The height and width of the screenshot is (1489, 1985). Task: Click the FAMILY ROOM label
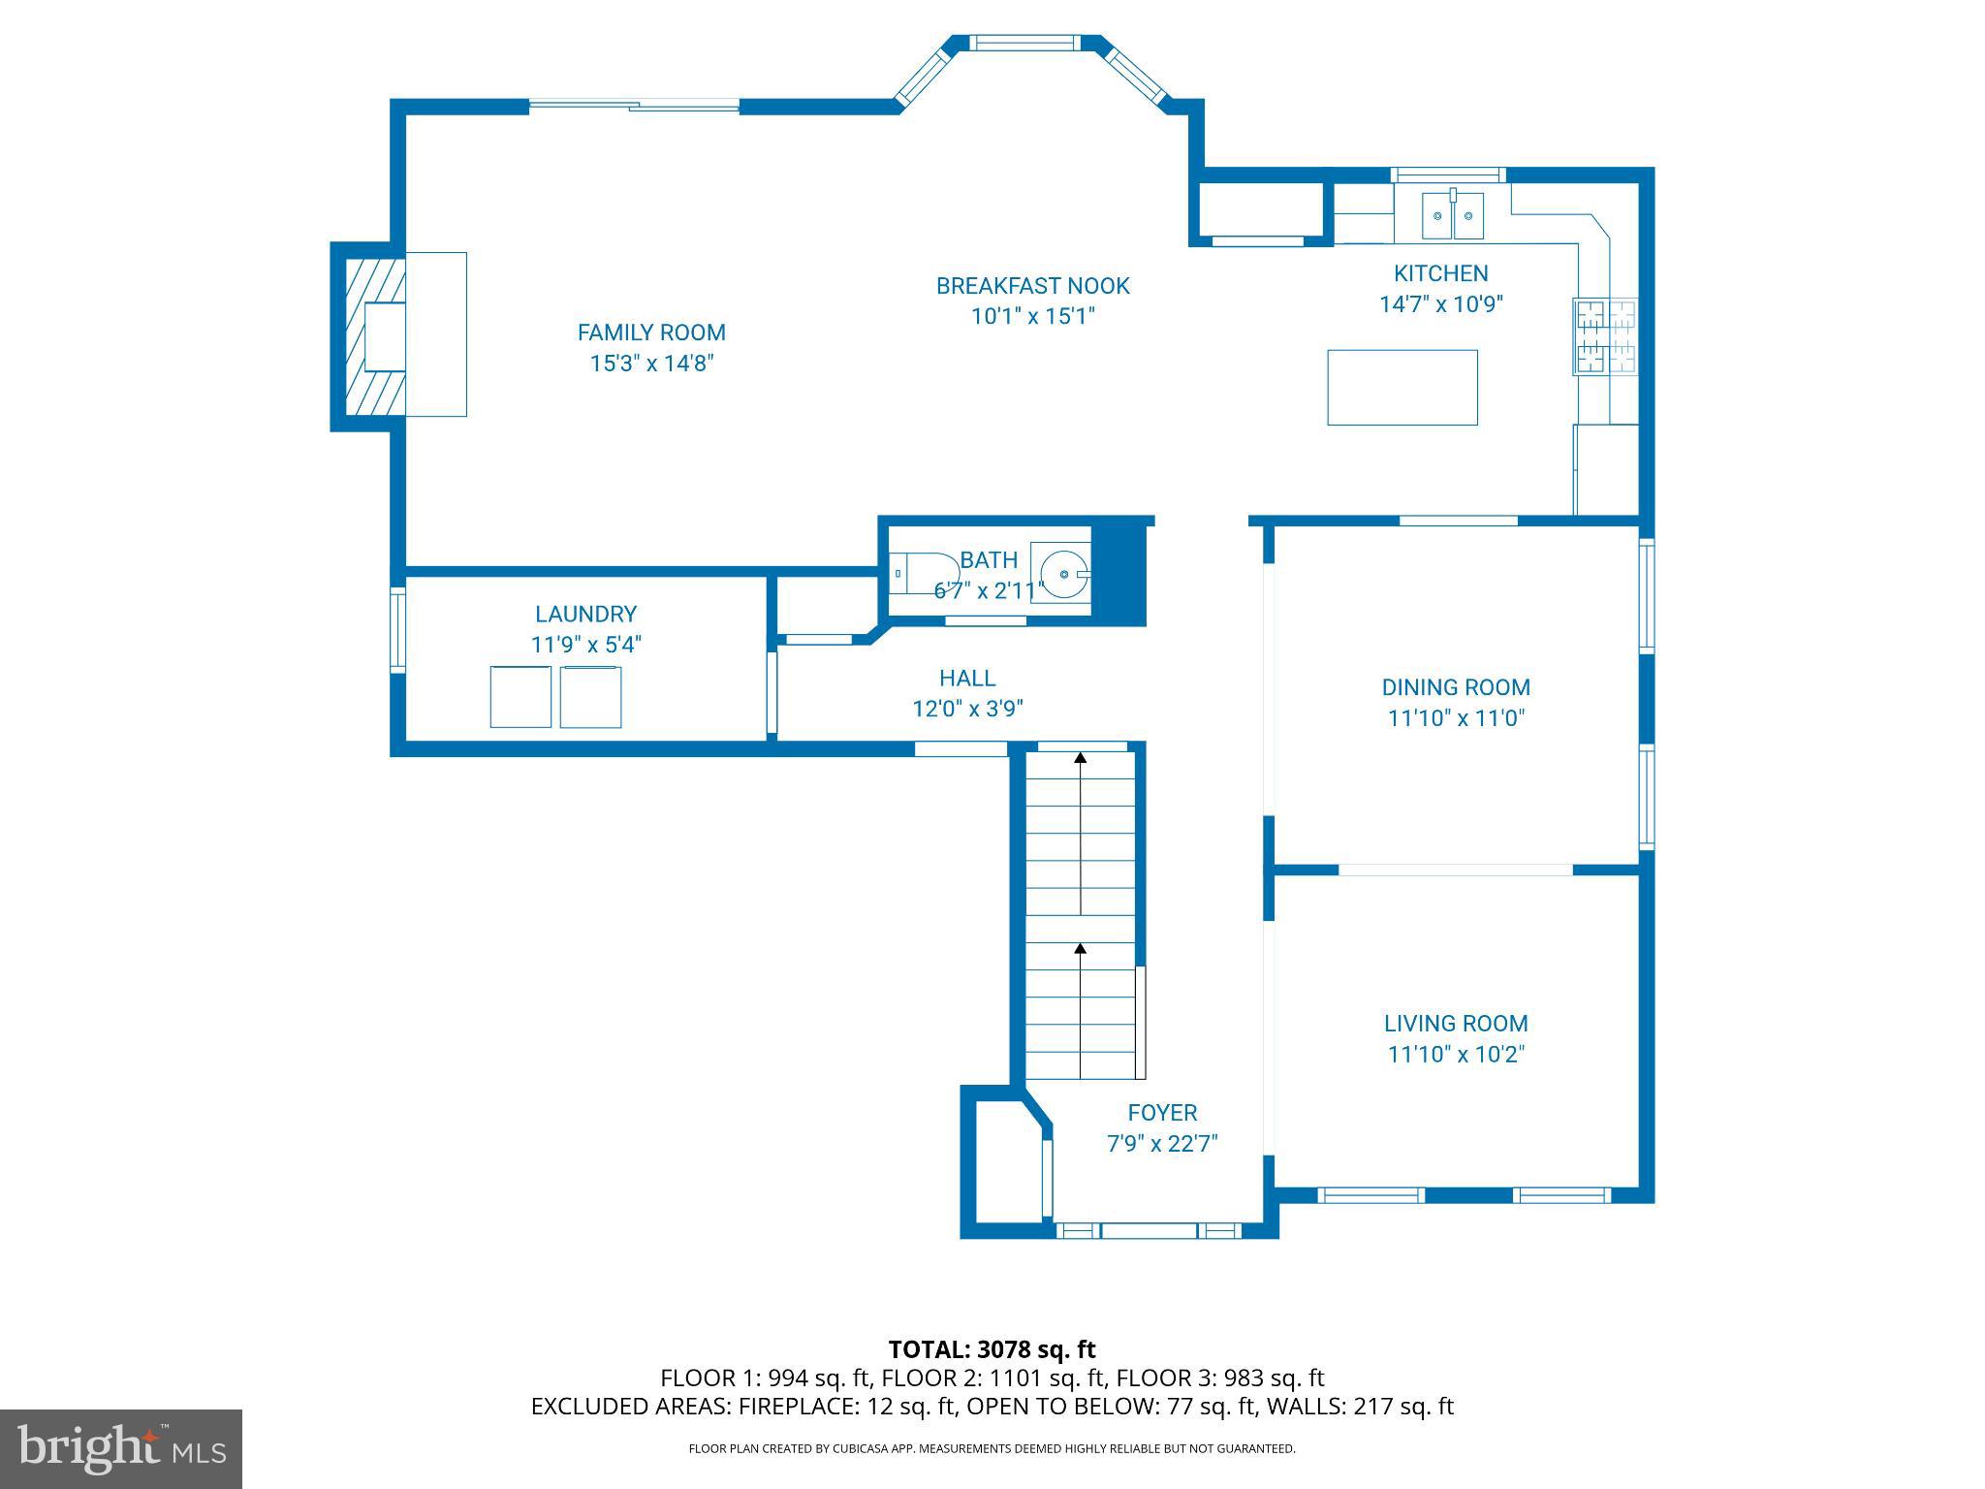[651, 333]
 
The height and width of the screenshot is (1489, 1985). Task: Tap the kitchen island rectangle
[1402, 388]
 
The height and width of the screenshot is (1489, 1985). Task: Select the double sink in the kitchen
[1452, 215]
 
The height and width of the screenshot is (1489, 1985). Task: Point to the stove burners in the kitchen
[1605, 336]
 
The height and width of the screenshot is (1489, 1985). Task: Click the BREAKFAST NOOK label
[1032, 286]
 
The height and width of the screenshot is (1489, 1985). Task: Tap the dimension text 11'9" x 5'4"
[585, 645]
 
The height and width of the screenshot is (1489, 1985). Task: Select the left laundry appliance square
[520, 697]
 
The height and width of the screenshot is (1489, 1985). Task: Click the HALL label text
[966, 679]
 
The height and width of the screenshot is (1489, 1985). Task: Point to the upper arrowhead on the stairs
[1080, 757]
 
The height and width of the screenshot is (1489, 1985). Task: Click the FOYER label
[1162, 1113]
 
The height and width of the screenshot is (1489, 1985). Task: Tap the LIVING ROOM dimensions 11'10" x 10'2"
[1456, 1054]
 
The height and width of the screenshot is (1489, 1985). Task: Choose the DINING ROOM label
[1456, 687]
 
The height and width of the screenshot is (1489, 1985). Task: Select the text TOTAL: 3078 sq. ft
[992, 1349]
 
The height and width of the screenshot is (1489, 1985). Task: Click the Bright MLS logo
[121, 1448]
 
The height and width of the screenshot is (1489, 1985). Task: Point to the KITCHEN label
[1440, 273]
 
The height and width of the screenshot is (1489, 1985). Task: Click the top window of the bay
[1025, 43]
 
